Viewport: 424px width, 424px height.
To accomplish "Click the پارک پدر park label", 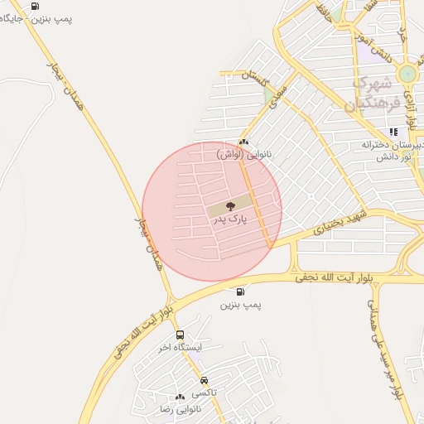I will (x=231, y=220).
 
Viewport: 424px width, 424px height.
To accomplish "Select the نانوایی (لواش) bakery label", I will (x=242, y=154).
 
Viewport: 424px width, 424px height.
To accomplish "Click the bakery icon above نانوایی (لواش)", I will (x=243, y=142).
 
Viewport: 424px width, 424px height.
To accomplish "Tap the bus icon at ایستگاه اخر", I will (x=181, y=335).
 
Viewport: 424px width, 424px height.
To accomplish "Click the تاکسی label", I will (x=205, y=393).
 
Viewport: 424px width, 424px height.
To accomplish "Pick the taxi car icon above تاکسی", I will (x=205, y=380).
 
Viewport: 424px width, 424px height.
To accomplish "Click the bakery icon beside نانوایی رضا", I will (x=180, y=397).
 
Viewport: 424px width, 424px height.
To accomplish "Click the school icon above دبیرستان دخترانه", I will (x=393, y=131).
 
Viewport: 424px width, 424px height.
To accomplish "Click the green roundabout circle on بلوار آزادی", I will (x=407, y=73).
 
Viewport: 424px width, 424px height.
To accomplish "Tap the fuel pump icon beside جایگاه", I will (x=34, y=7).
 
